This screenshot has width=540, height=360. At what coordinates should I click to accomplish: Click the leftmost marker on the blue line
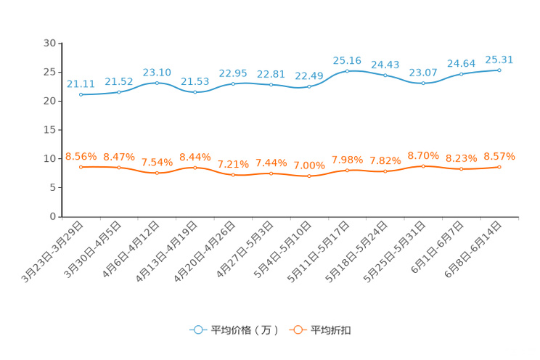81,95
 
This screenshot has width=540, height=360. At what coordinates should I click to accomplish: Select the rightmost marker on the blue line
499,70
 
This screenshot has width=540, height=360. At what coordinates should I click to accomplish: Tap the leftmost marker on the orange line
81,166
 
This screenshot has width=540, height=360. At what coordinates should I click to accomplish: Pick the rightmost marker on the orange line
499,166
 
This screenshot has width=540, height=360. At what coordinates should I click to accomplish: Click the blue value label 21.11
81,83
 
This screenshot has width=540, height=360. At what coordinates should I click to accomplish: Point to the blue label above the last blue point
499,59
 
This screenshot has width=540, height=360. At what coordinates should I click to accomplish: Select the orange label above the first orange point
81,156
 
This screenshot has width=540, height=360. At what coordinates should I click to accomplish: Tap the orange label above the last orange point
499,156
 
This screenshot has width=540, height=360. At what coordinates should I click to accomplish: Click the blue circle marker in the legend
197,330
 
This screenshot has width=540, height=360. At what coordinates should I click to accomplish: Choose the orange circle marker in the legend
297,330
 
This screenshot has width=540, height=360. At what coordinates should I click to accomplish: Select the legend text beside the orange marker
331,330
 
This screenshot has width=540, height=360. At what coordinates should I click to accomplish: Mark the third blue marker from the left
157,82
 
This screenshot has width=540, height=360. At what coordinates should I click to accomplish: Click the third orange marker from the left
157,172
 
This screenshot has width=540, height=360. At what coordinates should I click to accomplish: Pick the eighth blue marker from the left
347,70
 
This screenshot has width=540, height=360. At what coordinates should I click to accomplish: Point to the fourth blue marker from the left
195,93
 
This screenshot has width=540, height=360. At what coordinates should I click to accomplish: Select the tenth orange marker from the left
423,165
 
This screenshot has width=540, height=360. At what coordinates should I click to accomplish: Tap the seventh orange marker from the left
309,176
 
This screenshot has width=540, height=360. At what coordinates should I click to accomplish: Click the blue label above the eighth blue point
347,60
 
